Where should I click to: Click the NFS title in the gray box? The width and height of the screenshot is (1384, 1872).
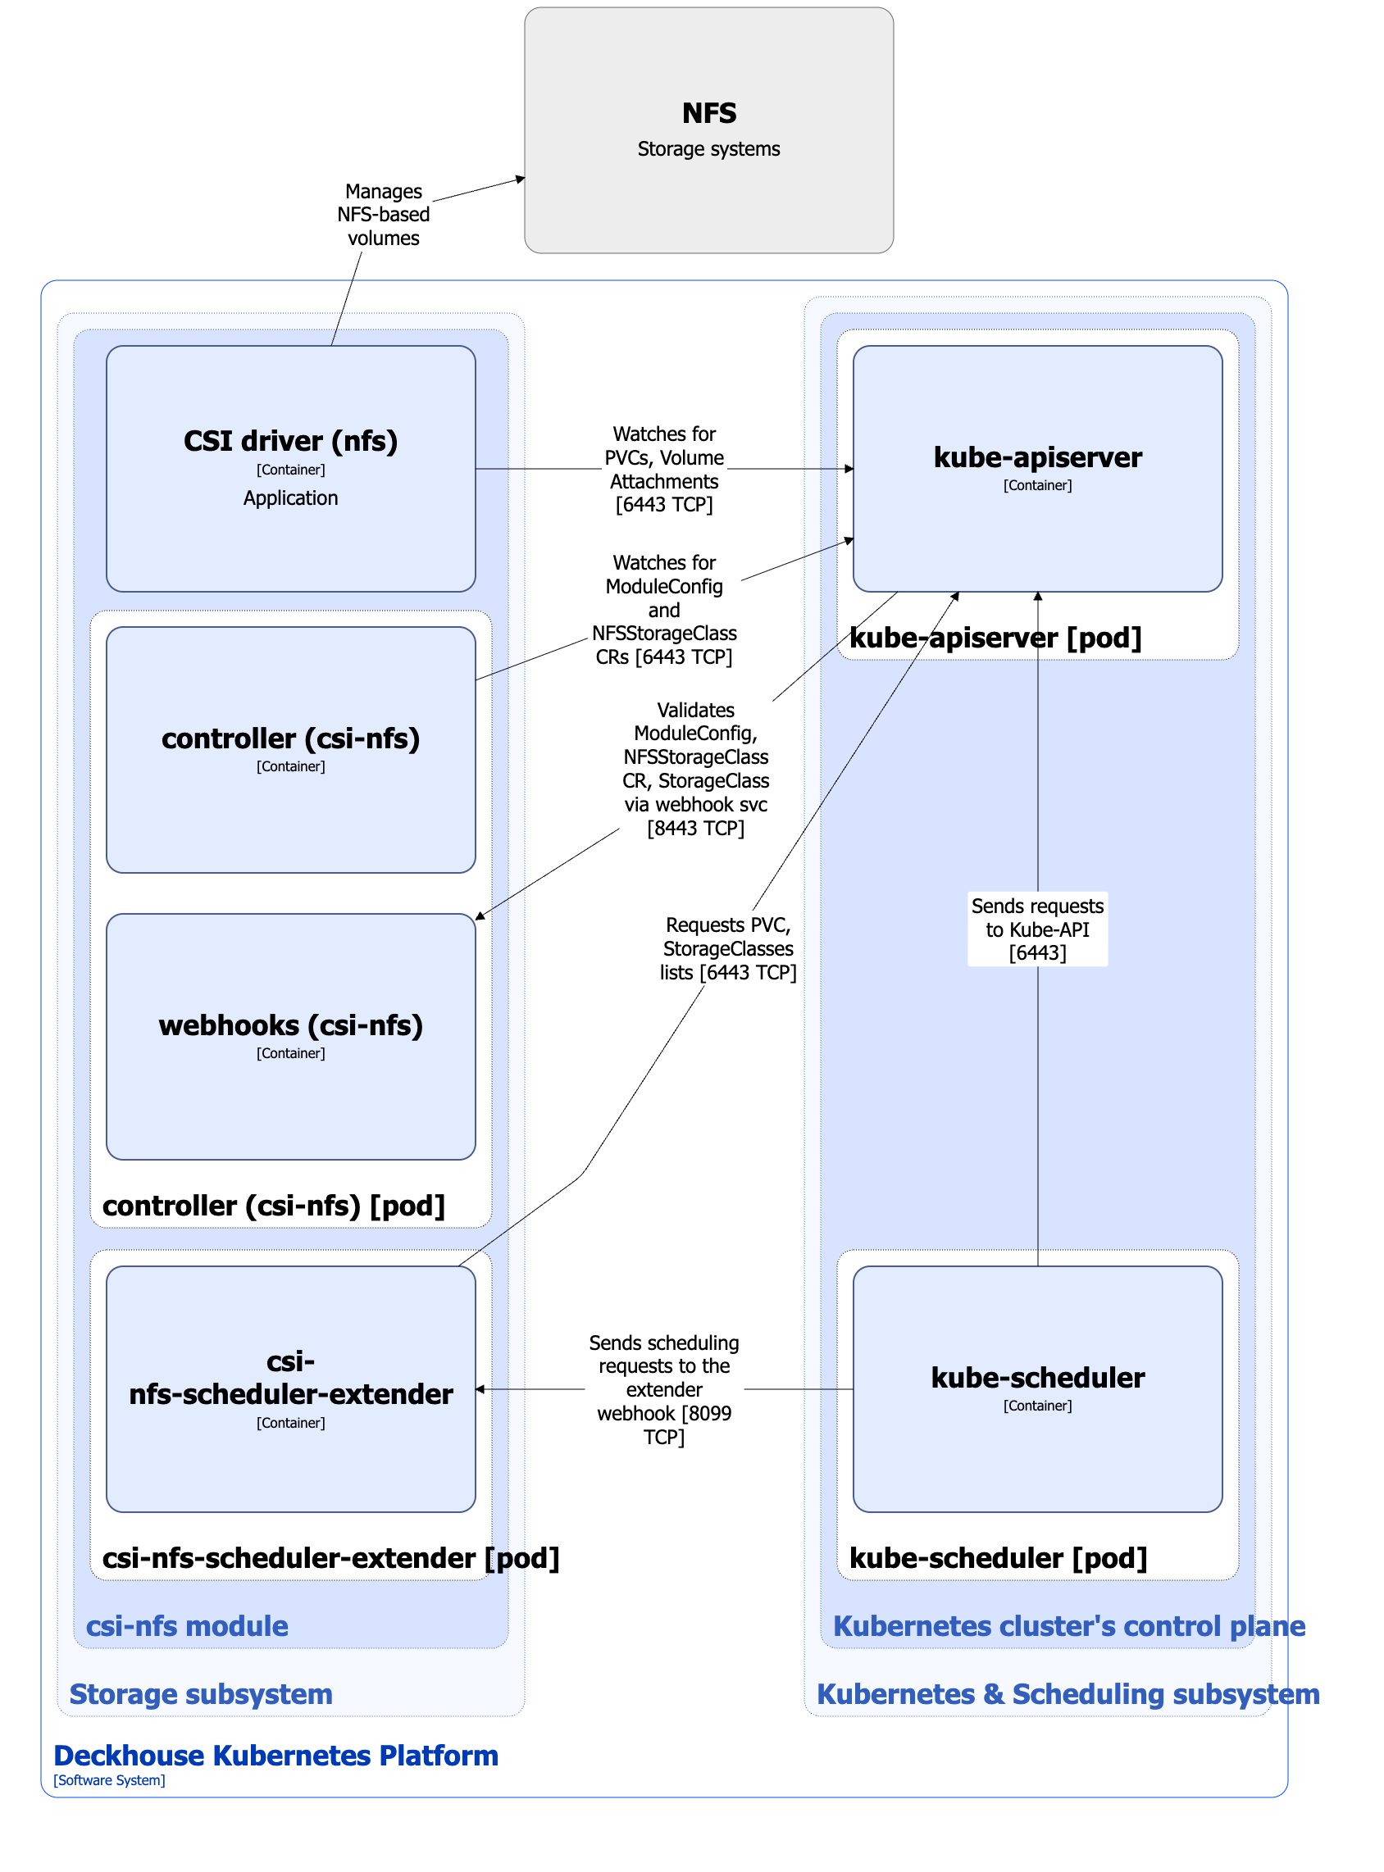[708, 113]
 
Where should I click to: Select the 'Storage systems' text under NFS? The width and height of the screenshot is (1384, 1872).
[708, 149]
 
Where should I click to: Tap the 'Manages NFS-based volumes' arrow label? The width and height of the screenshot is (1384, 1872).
[384, 215]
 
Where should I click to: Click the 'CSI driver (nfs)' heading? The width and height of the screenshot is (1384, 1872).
[291, 441]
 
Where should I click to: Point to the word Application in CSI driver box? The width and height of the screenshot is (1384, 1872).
[291, 498]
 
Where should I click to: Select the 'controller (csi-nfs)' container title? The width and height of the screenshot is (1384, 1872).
[291, 738]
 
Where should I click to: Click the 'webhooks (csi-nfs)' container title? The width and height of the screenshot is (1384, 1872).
[291, 1025]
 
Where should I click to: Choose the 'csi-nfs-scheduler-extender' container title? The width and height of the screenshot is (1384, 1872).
[291, 1378]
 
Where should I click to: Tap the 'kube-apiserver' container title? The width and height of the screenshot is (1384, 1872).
[1037, 457]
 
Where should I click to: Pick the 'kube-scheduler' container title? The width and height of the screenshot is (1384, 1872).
[1037, 1378]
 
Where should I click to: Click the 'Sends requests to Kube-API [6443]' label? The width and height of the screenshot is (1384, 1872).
[1037, 929]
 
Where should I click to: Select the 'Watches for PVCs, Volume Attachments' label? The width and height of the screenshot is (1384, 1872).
[664, 469]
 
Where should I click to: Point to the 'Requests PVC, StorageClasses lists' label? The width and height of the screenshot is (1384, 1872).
[727, 948]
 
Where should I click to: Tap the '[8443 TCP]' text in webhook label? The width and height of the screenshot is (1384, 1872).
[695, 829]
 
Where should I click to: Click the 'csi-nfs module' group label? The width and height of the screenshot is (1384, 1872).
[187, 1626]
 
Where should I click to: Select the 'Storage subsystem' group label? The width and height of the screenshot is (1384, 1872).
[201, 1693]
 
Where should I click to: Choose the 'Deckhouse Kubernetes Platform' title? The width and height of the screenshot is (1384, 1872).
[275, 1756]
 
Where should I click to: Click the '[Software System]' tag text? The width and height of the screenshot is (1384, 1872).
[109, 1780]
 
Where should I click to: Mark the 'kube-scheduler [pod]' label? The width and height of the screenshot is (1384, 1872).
[998, 1558]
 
